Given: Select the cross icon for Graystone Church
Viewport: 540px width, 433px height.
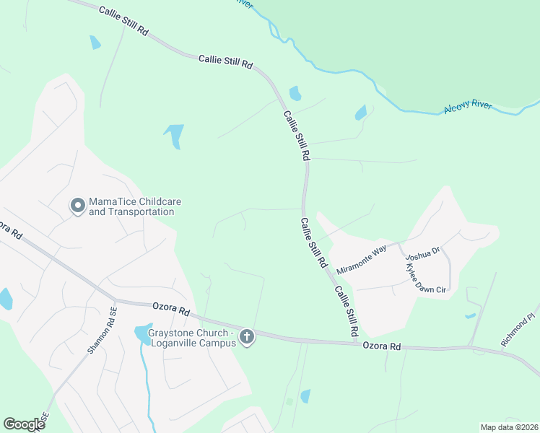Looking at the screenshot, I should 247,336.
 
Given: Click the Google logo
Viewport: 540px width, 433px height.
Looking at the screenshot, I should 24,424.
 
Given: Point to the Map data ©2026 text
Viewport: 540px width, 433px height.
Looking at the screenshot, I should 508,427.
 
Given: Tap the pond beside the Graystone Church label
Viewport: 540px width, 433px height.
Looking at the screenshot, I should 140,333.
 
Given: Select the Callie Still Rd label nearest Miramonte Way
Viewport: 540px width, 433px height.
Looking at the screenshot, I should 315,244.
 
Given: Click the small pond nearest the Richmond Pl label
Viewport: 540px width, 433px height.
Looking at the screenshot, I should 471,315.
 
